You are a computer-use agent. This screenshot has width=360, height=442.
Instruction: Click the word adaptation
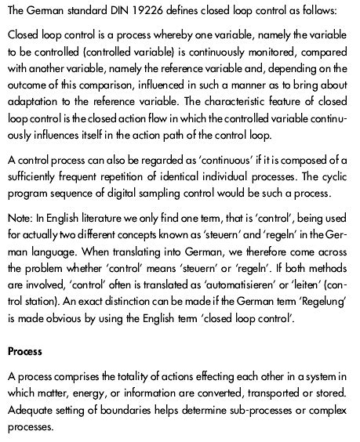32,101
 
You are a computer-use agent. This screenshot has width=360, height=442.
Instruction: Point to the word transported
256,394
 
